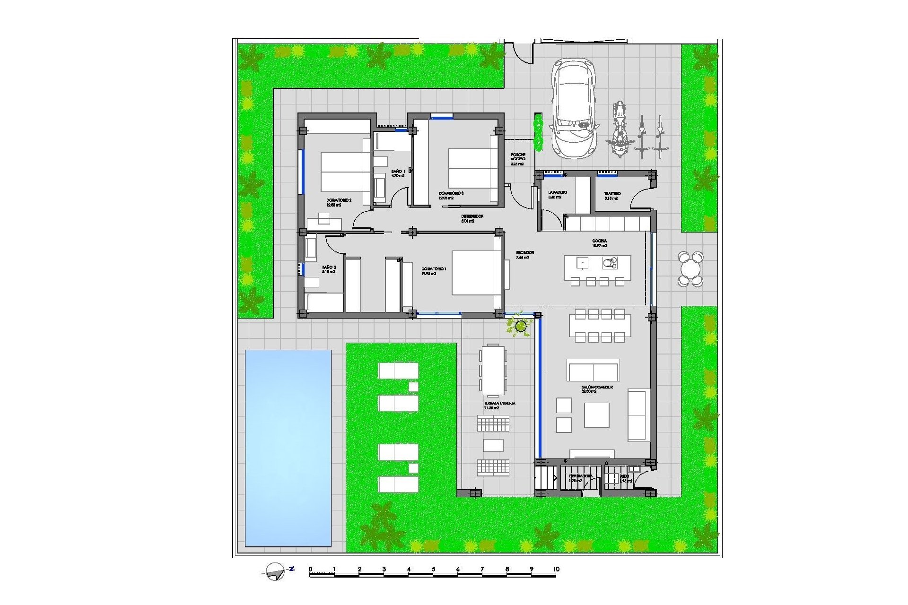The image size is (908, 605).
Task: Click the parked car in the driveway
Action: click(573, 108)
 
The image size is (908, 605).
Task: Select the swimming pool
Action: click(288, 448)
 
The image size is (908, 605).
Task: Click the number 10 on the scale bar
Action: click(556, 569)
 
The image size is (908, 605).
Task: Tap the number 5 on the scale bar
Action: click(433, 569)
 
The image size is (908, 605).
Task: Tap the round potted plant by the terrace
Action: click(521, 326)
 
